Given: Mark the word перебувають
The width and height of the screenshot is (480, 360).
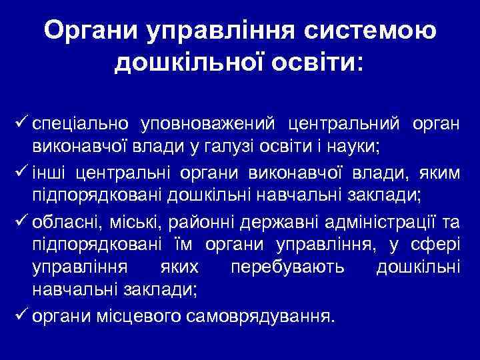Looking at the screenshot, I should pyautogui.click(x=287, y=269).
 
